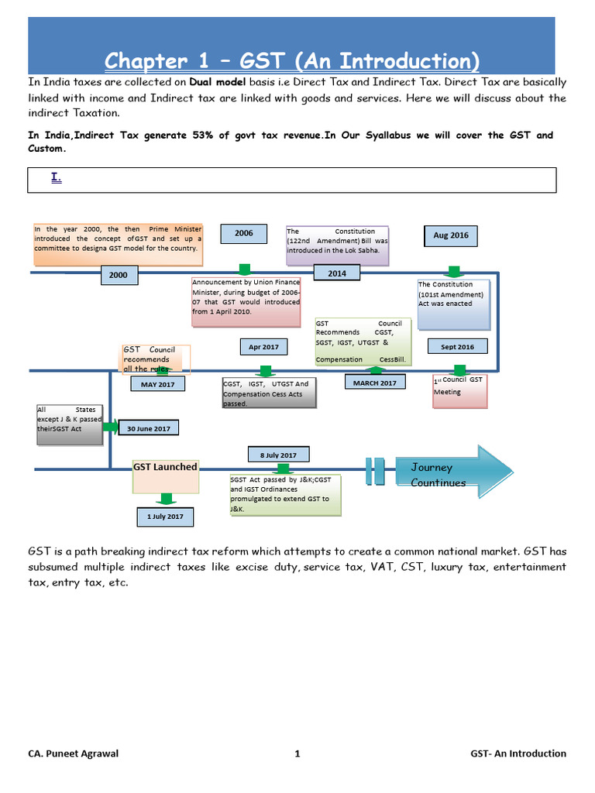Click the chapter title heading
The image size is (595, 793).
[291, 60]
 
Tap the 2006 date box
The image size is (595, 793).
[244, 232]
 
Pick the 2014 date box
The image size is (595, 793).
[337, 273]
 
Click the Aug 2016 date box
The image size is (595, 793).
[451, 235]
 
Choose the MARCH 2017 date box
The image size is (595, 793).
[375, 383]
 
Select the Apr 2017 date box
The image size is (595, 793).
[263, 347]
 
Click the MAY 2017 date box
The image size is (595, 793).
[158, 383]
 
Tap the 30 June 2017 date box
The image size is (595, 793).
[148, 427]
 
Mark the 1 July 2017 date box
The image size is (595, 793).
[166, 517]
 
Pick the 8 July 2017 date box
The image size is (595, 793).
[279, 454]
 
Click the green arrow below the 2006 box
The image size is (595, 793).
[245, 269]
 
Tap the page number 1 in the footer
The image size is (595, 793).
[297, 754]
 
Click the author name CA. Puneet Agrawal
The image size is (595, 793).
[74, 754]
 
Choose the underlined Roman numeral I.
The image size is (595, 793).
[56, 177]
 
